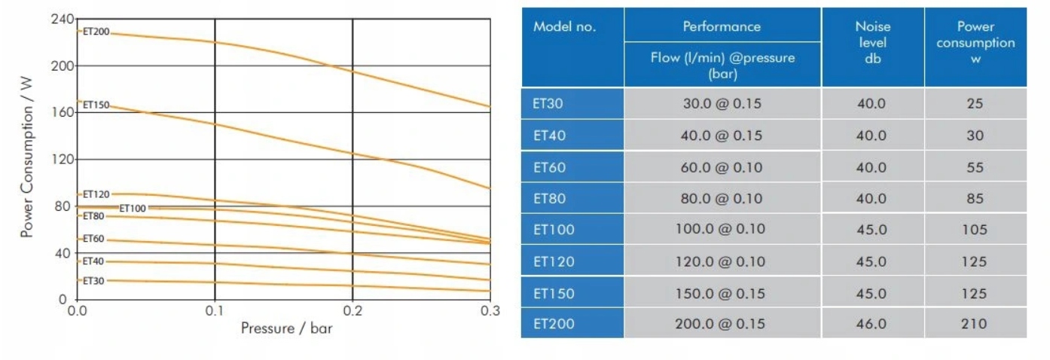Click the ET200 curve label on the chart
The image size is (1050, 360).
96,32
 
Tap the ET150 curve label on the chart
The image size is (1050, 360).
96,105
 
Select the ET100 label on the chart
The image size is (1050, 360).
133,208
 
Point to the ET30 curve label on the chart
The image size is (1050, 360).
93,281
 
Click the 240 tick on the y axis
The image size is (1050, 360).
62,19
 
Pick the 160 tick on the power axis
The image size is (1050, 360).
62,112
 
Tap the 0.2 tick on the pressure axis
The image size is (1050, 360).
353,310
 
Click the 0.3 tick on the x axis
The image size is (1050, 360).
490,310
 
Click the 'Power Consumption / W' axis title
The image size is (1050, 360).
27,160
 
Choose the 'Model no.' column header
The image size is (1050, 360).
564,26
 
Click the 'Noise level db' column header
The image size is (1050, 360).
872,42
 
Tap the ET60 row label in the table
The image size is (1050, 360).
549,167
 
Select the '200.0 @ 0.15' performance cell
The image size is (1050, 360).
721,324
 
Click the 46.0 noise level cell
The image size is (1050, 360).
871,324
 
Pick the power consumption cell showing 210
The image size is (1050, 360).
975,324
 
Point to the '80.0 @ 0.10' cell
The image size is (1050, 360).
721,199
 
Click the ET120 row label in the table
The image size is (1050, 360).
554,261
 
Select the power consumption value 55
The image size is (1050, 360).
975,167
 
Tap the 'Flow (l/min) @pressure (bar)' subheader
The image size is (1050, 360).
722,65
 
